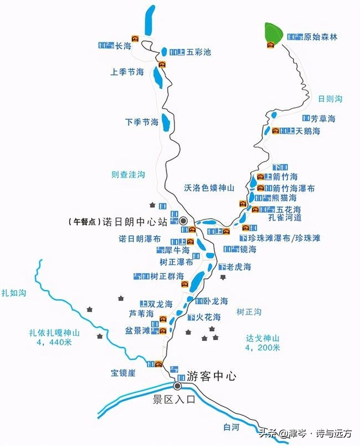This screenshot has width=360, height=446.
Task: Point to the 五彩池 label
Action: click(x=199, y=53)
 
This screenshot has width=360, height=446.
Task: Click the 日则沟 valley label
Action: click(x=331, y=99)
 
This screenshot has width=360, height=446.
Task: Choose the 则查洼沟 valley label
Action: click(x=128, y=175)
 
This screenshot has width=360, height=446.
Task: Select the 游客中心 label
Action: click(x=212, y=376)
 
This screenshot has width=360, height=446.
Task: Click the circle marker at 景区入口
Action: click(x=178, y=386)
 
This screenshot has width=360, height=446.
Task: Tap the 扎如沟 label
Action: click(x=14, y=292)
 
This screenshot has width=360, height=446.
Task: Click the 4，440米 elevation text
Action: click(x=55, y=342)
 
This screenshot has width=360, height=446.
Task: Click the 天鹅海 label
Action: click(x=308, y=131)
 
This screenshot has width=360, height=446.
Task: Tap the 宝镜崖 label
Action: click(x=123, y=373)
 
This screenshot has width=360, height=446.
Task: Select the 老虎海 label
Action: click(x=239, y=267)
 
